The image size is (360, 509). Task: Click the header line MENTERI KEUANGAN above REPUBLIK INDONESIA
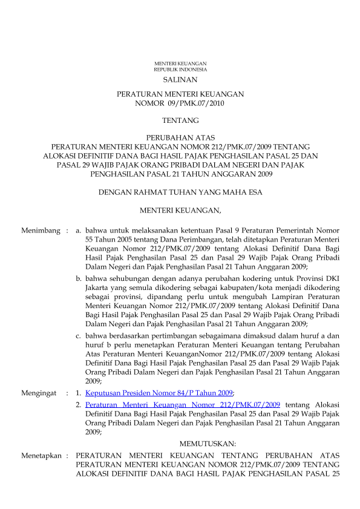point(180,64)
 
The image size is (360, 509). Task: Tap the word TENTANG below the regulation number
point(180,121)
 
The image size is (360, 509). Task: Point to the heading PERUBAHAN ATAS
point(180,138)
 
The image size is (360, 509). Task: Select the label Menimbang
point(41,231)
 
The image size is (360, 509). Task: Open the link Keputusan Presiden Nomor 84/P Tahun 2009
point(159,393)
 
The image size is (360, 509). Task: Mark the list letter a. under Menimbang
point(78,231)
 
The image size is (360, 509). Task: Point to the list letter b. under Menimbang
point(79,278)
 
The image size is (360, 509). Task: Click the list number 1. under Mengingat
point(78,393)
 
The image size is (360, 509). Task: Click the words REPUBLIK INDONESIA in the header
point(180,70)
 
